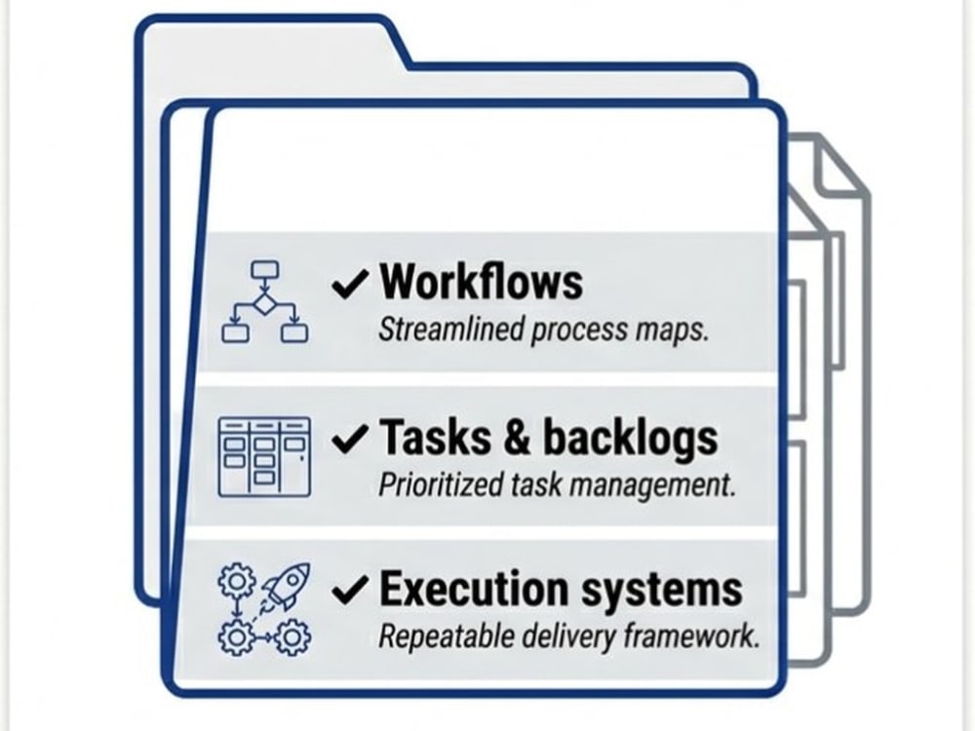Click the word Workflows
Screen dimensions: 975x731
[x=482, y=283]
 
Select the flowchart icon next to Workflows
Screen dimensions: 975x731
[x=265, y=302]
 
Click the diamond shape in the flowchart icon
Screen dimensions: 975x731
[x=265, y=304]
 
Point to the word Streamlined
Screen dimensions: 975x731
[x=451, y=329]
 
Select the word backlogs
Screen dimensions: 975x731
[x=631, y=440]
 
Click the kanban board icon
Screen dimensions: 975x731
[x=264, y=457]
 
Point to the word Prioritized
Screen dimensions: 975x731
[x=441, y=484]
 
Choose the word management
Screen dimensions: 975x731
[x=652, y=486]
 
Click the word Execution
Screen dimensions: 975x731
[x=474, y=589]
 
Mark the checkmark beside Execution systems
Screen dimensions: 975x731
[x=349, y=590]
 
